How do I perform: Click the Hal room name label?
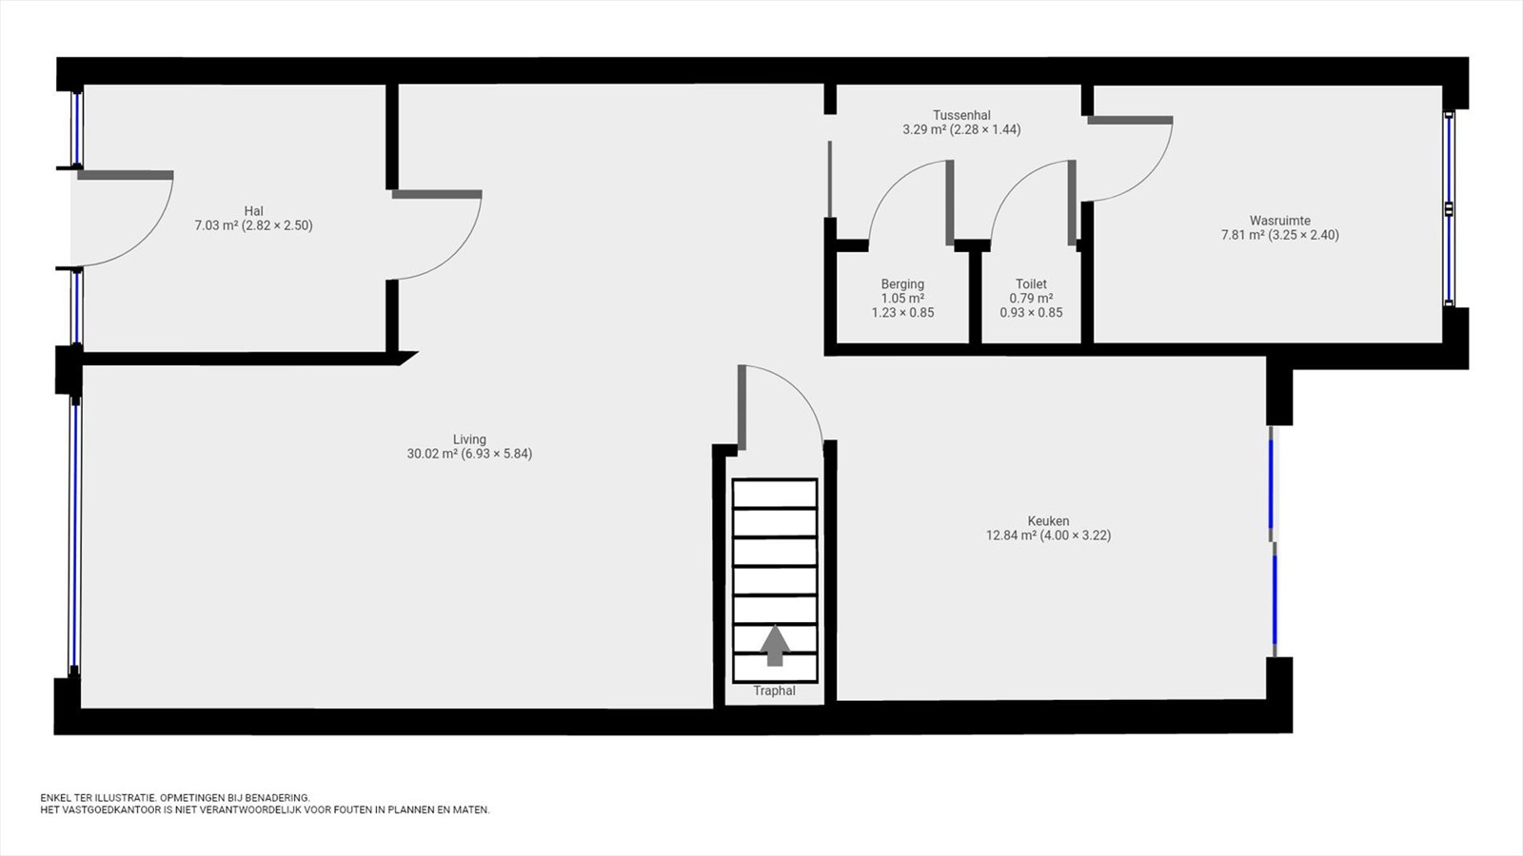pyautogui.click(x=253, y=211)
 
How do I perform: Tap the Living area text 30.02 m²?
pyautogui.click(x=432, y=454)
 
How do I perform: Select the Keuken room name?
pyautogui.click(x=1048, y=521)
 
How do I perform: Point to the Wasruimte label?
pyautogui.click(x=1280, y=221)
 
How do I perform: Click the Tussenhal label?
pyautogui.click(x=961, y=115)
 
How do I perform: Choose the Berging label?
pyautogui.click(x=903, y=284)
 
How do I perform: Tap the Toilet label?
pyautogui.click(x=1032, y=284)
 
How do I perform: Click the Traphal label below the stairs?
pyautogui.click(x=775, y=691)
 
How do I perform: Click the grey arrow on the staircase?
pyautogui.click(x=775, y=646)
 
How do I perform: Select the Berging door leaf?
pyautogui.click(x=950, y=203)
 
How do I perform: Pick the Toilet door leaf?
pyautogui.click(x=1072, y=203)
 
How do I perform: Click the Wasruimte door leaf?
pyautogui.click(x=1130, y=120)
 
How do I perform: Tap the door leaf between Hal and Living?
pyautogui.click(x=437, y=194)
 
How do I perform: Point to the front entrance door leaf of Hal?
pyautogui.click(x=126, y=175)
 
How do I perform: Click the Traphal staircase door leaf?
pyautogui.click(x=742, y=408)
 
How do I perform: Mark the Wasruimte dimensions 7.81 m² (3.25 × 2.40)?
pyautogui.click(x=1280, y=235)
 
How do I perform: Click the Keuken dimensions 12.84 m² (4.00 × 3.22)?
pyautogui.click(x=1048, y=535)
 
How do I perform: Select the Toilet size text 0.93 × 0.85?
pyautogui.click(x=1032, y=313)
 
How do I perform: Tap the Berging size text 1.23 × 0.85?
pyautogui.click(x=903, y=313)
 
